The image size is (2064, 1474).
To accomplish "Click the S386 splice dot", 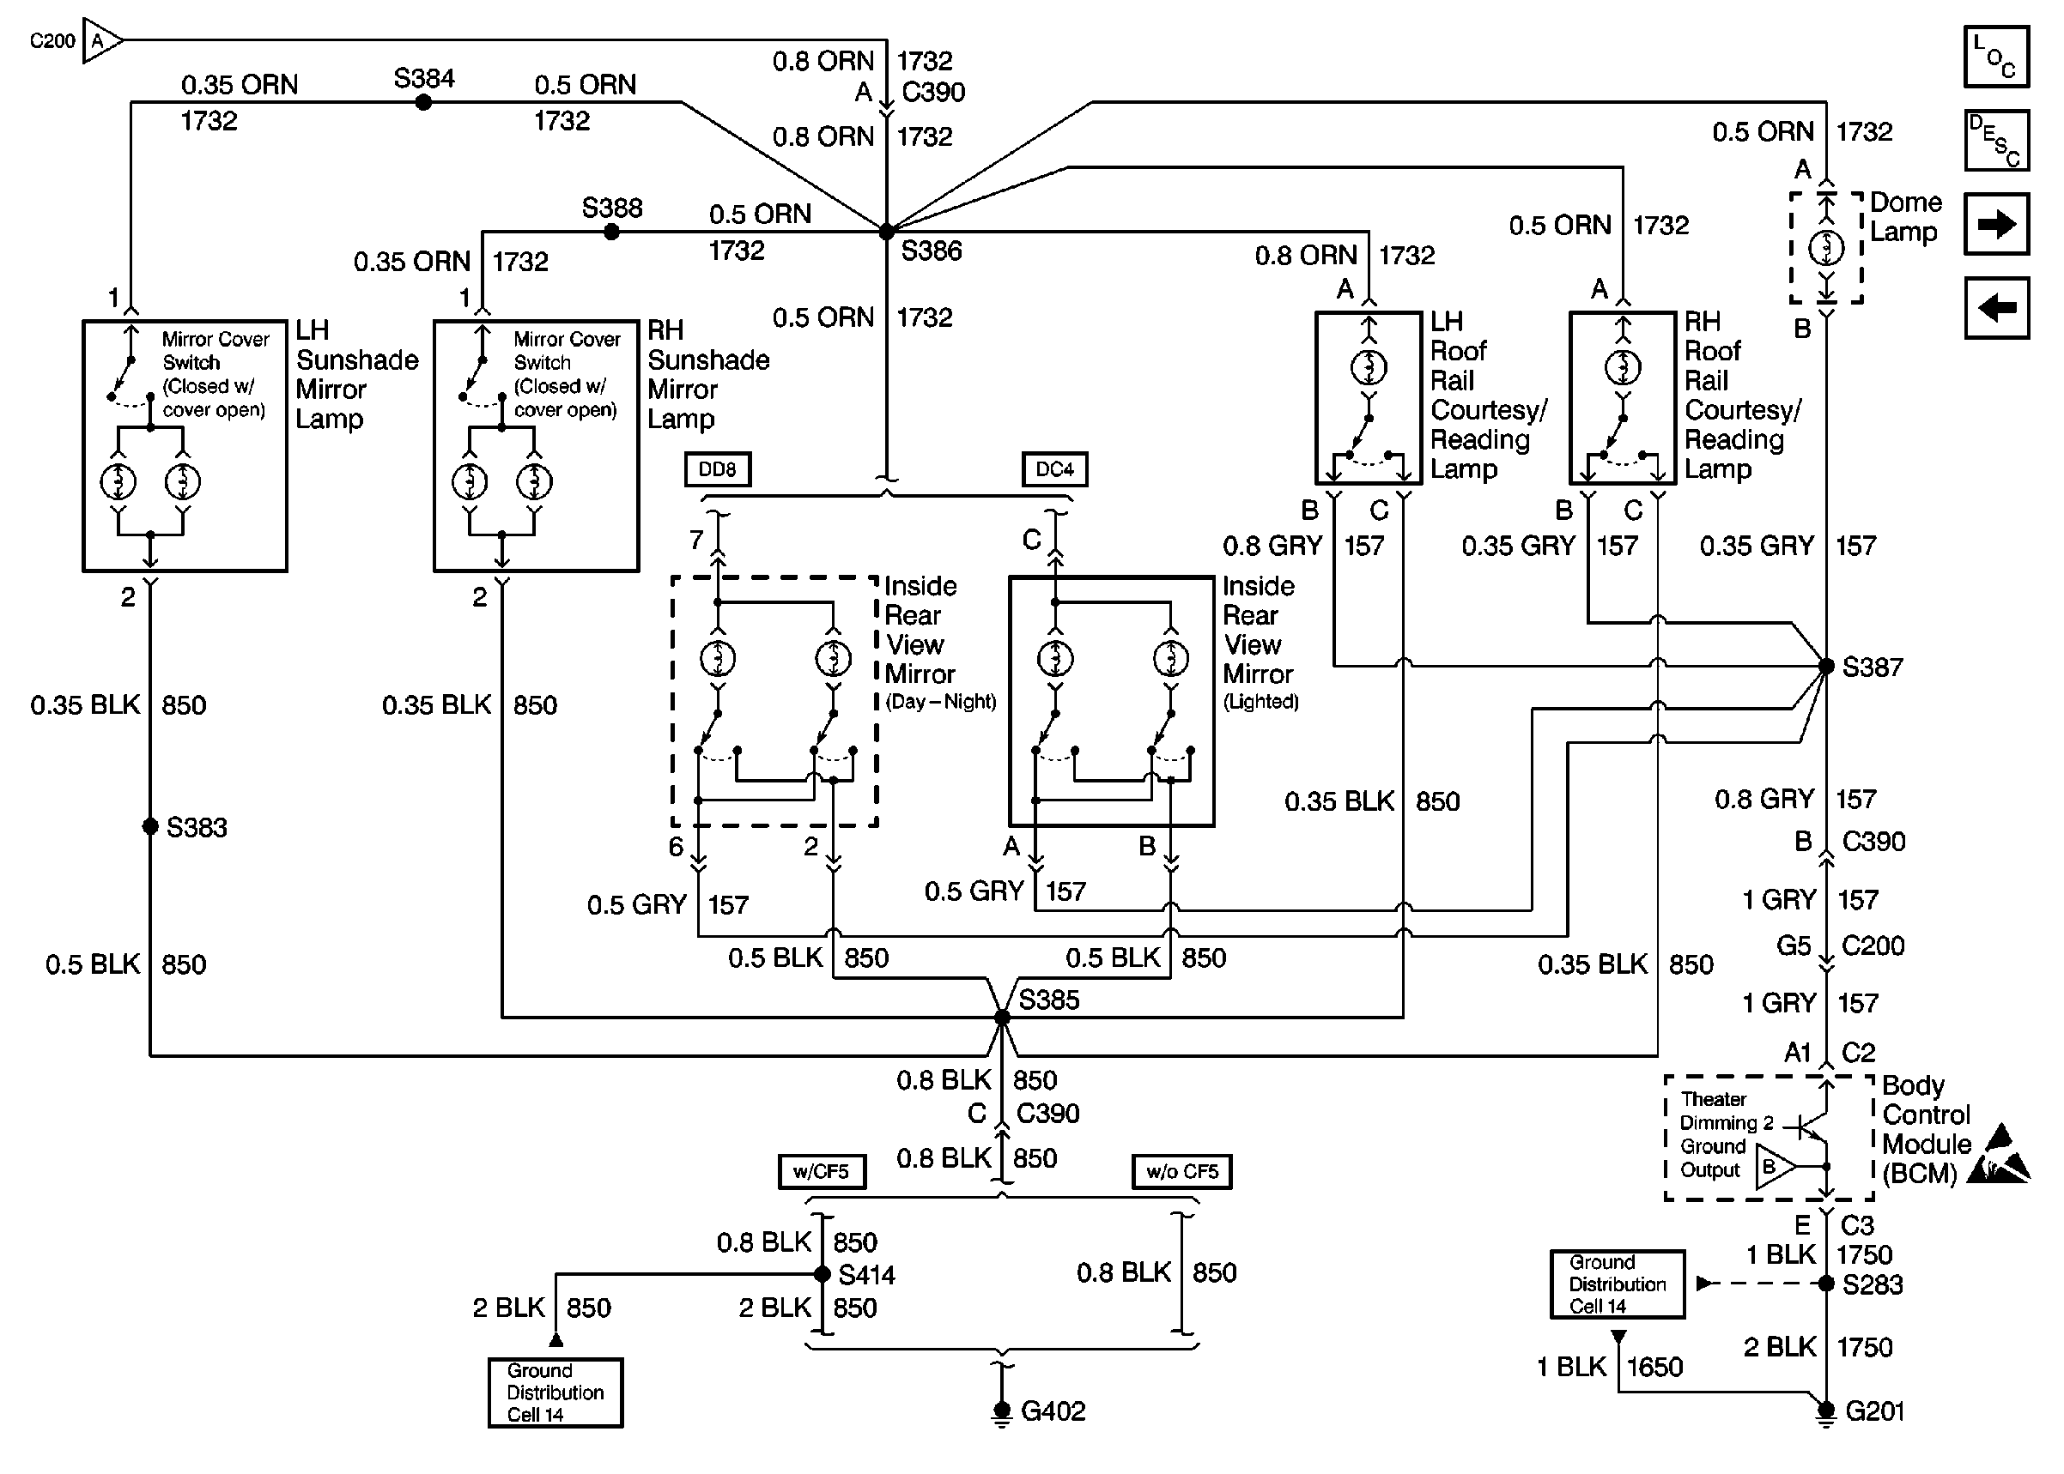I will pos(887,232).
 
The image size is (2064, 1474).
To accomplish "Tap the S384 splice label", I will pos(423,79).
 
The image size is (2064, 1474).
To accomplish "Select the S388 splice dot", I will pos(612,233).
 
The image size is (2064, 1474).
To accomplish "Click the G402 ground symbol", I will pos(1002,1411).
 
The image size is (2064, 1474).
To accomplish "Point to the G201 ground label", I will pos(1874,1411).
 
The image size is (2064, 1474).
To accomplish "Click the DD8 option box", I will pos(718,469).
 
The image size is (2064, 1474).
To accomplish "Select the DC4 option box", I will pos(1054,469).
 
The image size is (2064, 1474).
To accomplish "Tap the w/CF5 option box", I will pos(821,1171).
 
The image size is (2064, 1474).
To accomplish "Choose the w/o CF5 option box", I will pos(1181,1171).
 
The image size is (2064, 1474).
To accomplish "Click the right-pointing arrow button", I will pos(1996,224).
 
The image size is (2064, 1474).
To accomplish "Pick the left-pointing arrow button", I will pos(1996,309).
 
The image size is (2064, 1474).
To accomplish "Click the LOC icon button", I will pos(1996,57).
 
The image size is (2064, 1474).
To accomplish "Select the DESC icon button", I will pos(1996,141).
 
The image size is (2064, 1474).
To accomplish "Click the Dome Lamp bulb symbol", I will pos(1826,248).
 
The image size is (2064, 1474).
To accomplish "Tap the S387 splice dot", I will pos(1826,666).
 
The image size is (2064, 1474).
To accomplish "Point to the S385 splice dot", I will pos(1003,1018).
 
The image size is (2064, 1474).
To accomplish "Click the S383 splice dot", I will pos(151,826).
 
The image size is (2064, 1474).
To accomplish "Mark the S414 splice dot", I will pos(822,1274).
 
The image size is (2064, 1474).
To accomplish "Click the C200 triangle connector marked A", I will pos(99,41).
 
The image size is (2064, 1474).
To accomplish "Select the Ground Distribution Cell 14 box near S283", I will pos(1618,1284).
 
